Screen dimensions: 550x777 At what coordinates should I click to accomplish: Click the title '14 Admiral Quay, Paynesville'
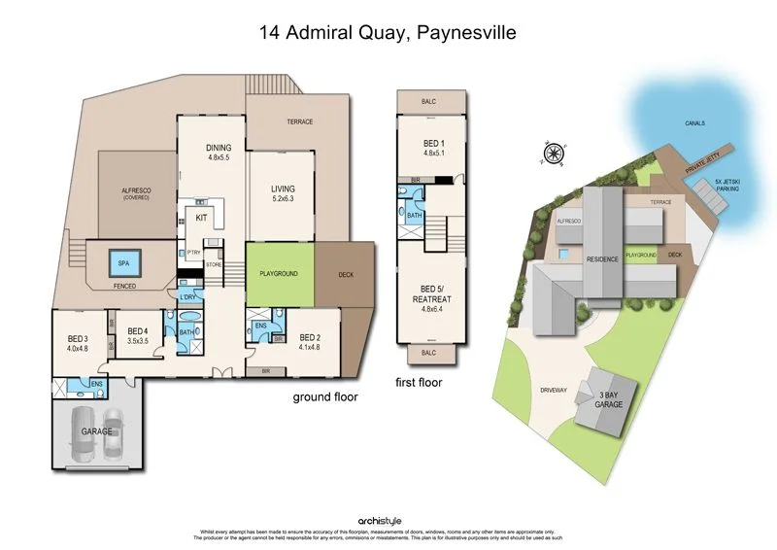tap(388, 32)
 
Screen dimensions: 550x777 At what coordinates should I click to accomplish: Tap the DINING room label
tap(217, 151)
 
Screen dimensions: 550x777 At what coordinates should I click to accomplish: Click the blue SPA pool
tap(124, 263)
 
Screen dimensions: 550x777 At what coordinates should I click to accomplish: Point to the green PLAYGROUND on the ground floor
tap(280, 273)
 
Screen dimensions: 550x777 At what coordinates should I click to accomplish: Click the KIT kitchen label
tap(202, 219)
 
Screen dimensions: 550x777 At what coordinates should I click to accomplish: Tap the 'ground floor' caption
tap(326, 396)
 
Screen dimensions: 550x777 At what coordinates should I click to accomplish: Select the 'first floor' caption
tap(420, 383)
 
